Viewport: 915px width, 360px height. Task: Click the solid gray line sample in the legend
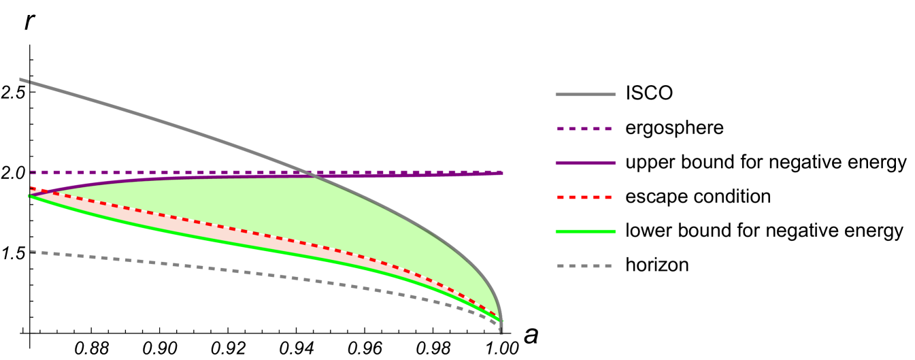coord(585,95)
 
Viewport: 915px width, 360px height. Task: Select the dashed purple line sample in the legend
coord(584,129)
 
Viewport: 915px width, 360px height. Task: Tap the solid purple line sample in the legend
coord(585,163)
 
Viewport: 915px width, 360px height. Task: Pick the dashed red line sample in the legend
coord(584,197)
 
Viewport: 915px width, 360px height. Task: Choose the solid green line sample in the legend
coord(585,231)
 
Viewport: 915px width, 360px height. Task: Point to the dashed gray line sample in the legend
coord(584,266)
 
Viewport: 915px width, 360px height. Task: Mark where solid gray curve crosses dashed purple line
coord(306,172)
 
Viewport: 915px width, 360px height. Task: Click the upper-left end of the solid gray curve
coord(21,80)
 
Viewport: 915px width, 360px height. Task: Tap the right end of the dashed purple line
coord(501,172)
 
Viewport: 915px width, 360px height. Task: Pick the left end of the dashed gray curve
coord(31,252)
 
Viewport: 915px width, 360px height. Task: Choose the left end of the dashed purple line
coord(31,172)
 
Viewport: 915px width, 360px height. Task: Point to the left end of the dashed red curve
coord(31,188)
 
